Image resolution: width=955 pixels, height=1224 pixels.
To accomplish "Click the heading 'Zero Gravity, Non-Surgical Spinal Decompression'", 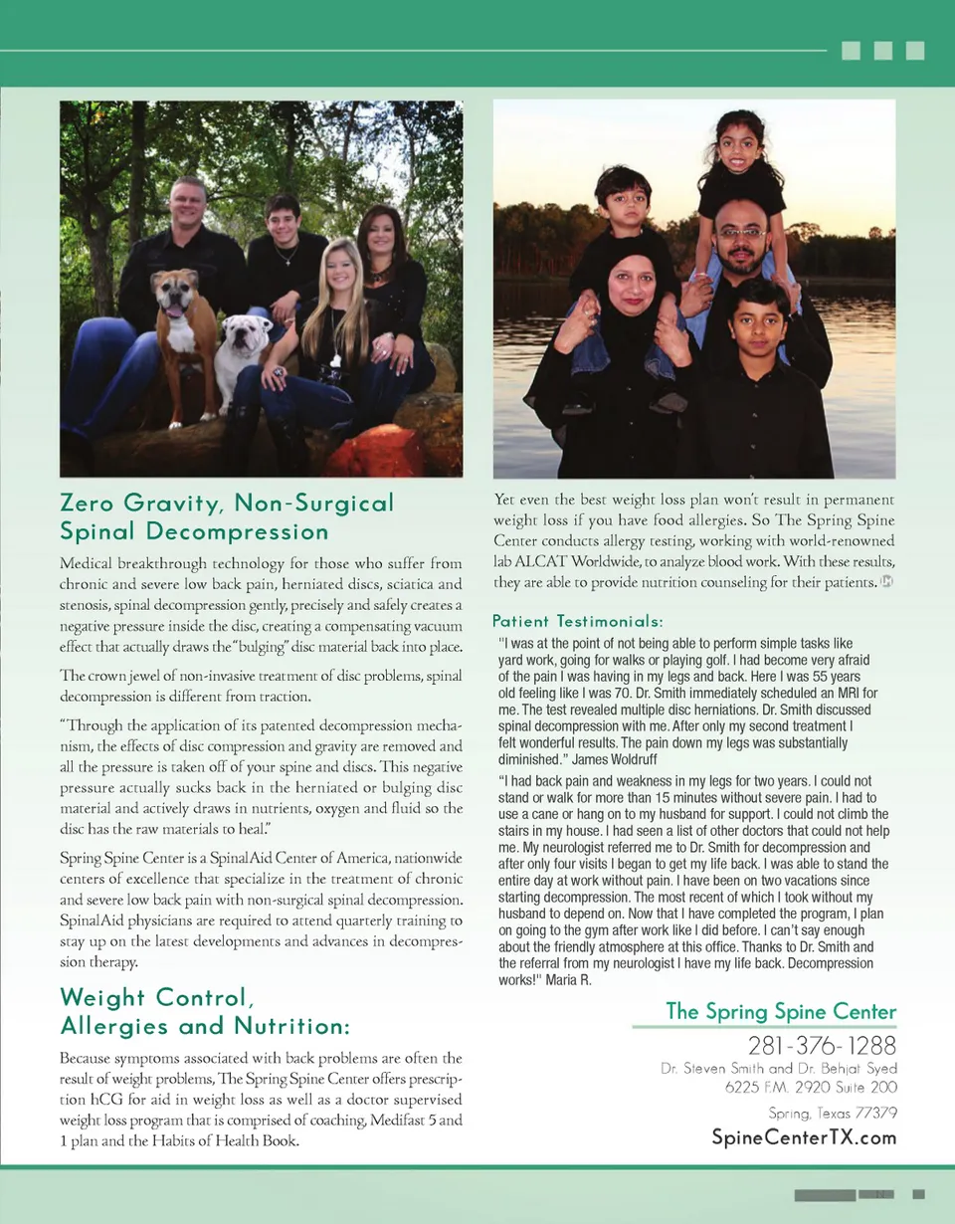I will coord(227,516).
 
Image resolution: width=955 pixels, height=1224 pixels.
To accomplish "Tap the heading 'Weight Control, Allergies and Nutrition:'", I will coord(203,1011).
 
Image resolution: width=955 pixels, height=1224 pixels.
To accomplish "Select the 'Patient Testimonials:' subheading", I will coord(577,621).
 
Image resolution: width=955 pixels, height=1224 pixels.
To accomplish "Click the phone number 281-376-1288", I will coord(822,1046).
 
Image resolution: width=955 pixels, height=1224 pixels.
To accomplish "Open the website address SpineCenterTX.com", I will coord(804,1137).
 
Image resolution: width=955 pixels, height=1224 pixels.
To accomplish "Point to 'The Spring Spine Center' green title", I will coord(780,1012).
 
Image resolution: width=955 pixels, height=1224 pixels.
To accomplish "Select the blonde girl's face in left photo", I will coord(337,268).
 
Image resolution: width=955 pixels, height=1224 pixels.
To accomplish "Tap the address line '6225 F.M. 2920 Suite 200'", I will coord(811,1087).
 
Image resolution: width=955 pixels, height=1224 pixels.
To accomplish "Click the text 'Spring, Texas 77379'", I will coord(833,1113).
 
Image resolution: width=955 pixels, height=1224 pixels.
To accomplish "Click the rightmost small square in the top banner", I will coord(915,50).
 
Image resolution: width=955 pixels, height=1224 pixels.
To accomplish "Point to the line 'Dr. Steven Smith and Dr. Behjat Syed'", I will coord(779,1069).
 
